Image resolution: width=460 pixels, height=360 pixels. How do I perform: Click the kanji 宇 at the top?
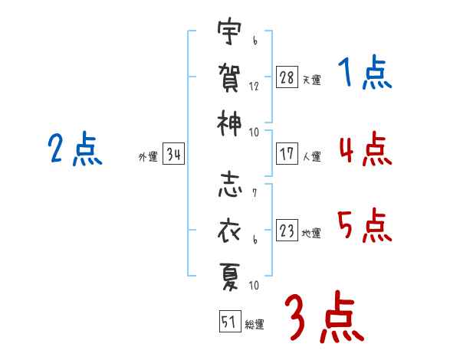point(229,31)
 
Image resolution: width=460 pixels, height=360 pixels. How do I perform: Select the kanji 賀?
point(229,77)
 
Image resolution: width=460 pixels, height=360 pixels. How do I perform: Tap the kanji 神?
point(229,123)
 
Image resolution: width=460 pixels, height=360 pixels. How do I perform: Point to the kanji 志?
point(230,185)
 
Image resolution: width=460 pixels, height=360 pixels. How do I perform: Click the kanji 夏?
point(230,277)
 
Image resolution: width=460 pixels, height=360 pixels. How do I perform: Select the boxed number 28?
point(287,77)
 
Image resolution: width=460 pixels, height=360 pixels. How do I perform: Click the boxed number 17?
point(287,153)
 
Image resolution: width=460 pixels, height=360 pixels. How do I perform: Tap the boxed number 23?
point(287,230)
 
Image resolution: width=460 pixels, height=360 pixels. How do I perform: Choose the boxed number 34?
point(173,153)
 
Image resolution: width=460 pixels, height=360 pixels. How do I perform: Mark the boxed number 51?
point(230,321)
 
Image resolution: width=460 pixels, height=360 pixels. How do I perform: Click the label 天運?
point(312,80)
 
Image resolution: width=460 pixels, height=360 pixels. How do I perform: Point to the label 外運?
point(148,156)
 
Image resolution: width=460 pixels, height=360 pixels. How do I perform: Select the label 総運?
point(255,324)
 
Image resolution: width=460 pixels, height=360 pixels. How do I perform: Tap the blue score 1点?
point(365,72)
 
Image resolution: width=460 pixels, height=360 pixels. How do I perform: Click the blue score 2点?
point(75,149)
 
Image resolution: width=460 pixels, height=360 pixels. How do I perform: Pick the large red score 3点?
point(324,316)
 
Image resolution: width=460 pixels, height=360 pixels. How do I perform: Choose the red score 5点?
point(365,225)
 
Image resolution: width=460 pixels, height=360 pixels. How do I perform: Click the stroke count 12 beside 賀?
point(254,87)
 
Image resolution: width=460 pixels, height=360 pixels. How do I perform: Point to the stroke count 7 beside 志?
point(255,192)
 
